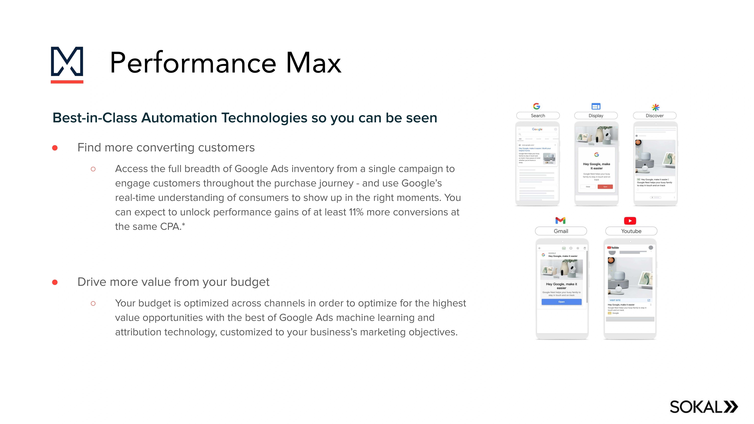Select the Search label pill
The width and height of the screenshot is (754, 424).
pyautogui.click(x=538, y=116)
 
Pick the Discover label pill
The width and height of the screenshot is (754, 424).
pyautogui.click(x=654, y=116)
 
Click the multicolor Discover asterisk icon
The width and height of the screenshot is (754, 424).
pyautogui.click(x=655, y=107)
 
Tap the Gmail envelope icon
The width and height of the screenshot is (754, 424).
pyautogui.click(x=560, y=220)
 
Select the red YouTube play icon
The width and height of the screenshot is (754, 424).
pyautogui.click(x=630, y=221)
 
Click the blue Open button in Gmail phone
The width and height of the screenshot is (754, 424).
pyautogui.click(x=561, y=302)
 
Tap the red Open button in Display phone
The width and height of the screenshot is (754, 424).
pyautogui.click(x=605, y=187)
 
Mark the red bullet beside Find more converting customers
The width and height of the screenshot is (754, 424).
pyautogui.click(x=55, y=148)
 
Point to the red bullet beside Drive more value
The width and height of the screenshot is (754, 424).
pyautogui.click(x=55, y=282)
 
